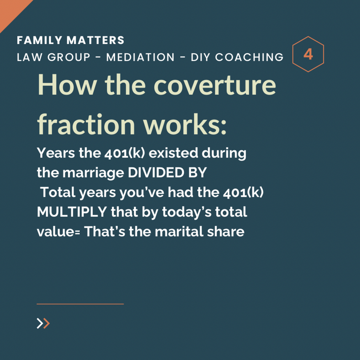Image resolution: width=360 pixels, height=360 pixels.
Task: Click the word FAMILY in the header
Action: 40,40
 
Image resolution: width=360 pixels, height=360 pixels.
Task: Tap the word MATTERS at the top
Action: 95,40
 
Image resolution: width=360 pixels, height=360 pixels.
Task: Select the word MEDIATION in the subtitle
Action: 140,57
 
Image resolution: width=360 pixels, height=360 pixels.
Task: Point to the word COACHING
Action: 249,57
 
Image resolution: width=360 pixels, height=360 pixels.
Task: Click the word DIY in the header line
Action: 201,57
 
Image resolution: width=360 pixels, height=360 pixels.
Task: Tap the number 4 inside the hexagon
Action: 308,54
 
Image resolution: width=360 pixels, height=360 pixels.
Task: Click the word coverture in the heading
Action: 215,85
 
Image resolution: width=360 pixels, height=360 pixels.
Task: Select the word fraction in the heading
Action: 86,124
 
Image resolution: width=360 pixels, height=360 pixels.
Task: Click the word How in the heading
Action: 67,84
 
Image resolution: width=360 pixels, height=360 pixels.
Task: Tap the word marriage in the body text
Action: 93,173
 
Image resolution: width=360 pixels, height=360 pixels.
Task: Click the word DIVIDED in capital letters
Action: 156,172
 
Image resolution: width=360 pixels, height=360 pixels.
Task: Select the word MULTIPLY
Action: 72,212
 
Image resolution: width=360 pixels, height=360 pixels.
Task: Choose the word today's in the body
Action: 187,212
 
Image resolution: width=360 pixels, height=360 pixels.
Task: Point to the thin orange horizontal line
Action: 80,304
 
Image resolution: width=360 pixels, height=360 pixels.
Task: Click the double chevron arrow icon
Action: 43,323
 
